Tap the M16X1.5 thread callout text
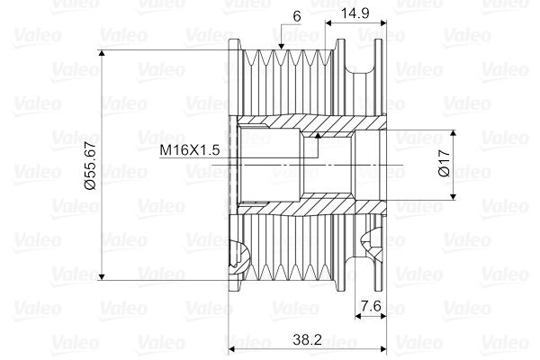(190, 150)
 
